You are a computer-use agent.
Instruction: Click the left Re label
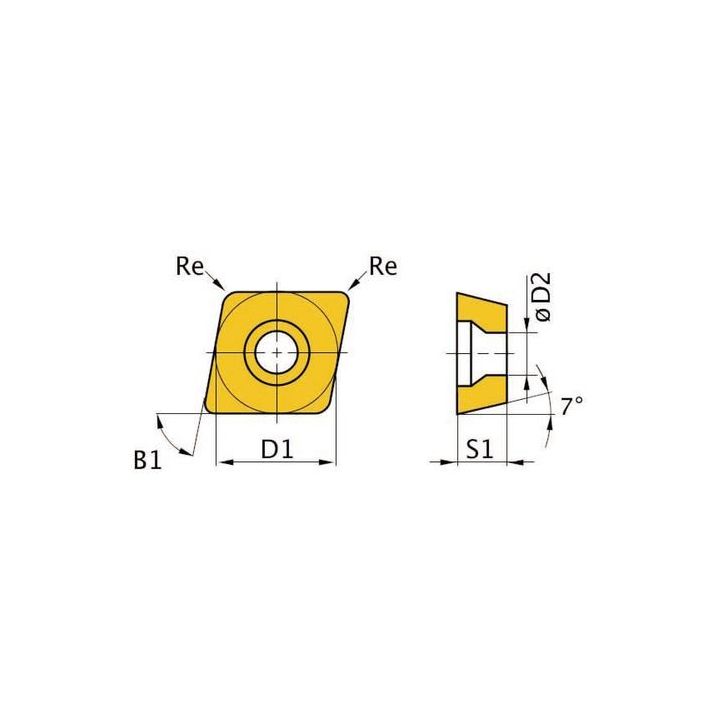[x=189, y=266]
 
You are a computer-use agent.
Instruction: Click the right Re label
[x=383, y=266]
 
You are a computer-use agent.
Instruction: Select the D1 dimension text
[x=276, y=450]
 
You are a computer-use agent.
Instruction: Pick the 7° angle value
[x=571, y=406]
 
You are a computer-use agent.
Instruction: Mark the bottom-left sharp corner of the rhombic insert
[x=206, y=410]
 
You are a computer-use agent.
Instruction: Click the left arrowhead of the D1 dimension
[x=223, y=462]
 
